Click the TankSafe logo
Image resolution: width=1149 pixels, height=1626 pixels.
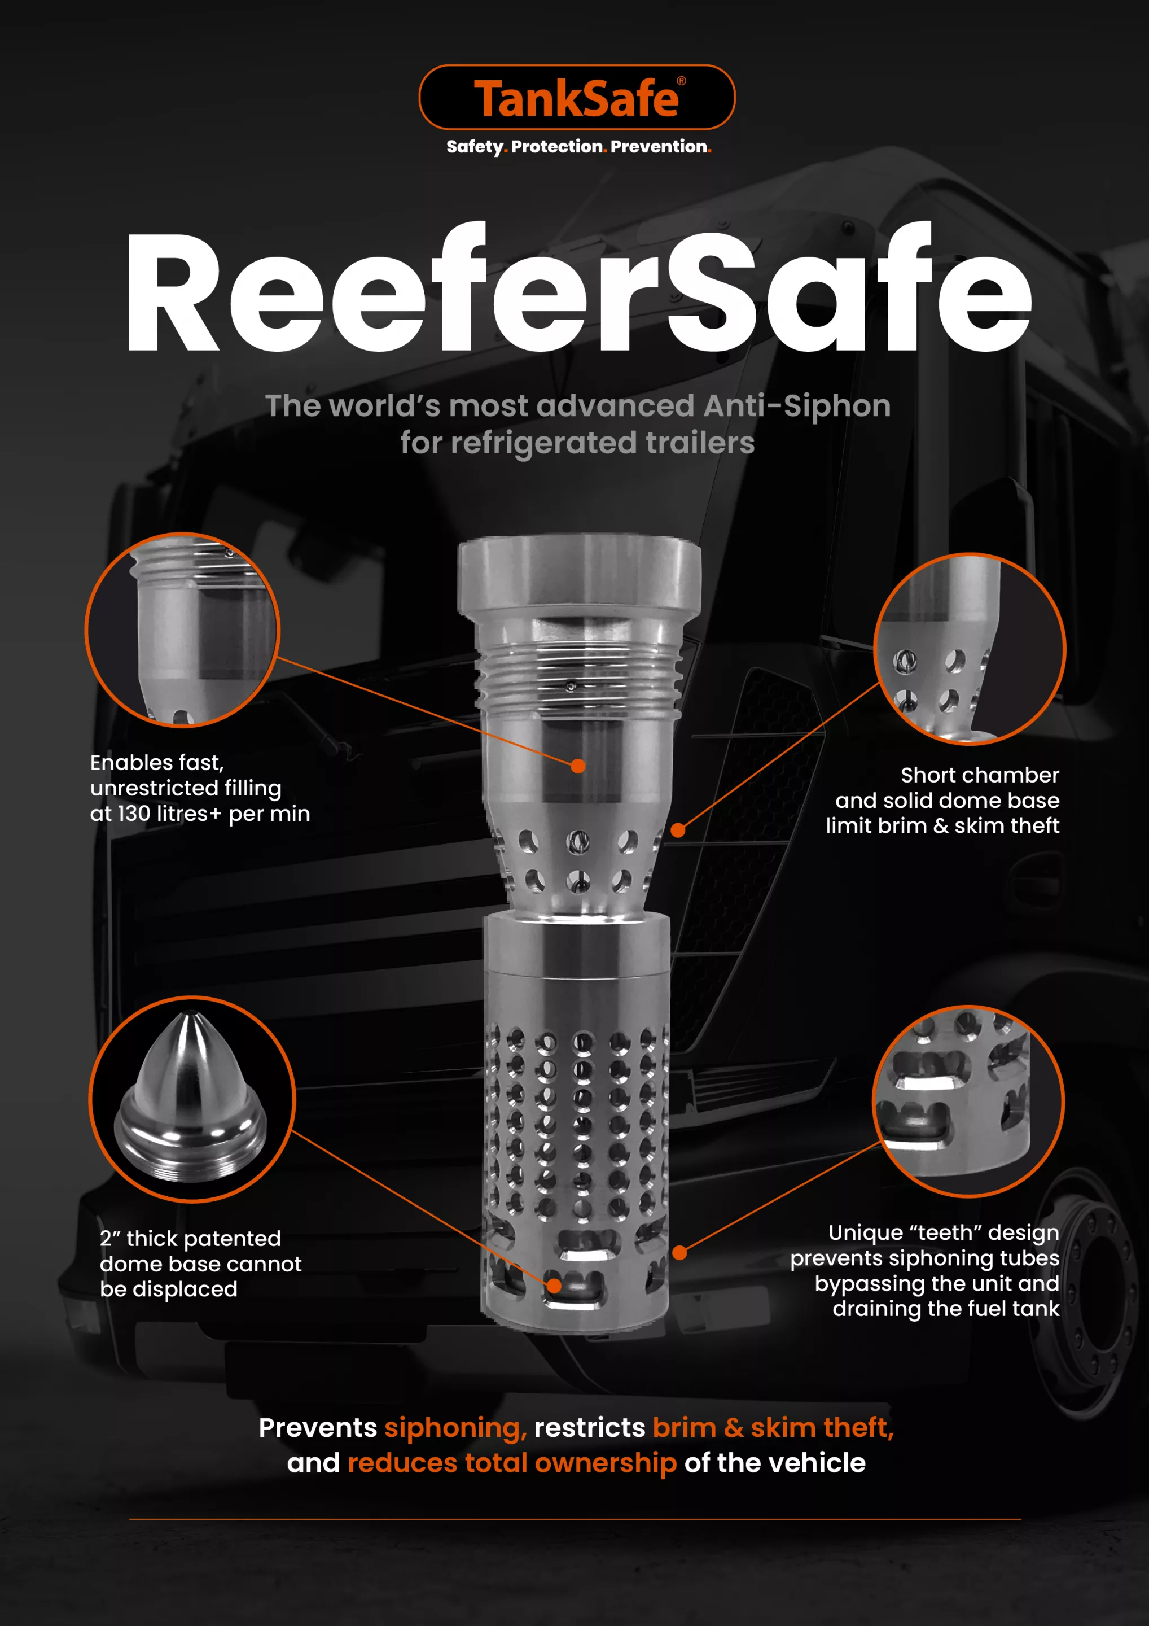coord(577,98)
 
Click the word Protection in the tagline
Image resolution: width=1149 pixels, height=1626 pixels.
coord(556,147)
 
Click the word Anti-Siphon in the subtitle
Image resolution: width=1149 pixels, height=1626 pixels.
coord(797,406)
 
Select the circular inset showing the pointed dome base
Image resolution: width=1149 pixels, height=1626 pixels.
coord(192,1099)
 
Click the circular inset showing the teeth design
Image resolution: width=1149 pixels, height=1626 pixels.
coord(968,1102)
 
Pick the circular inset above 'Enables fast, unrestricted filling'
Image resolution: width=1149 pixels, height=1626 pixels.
coord(183,630)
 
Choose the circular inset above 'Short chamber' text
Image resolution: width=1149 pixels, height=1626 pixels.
coord(970,649)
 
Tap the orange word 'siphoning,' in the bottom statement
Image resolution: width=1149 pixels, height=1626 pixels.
coord(455,1428)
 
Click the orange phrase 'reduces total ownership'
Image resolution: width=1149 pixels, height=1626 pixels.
coord(512,1463)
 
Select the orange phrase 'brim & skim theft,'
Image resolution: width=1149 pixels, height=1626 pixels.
coord(773,1428)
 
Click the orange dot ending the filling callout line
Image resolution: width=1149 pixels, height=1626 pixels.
coord(578,766)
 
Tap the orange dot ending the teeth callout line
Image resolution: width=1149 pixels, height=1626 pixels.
coord(679,1253)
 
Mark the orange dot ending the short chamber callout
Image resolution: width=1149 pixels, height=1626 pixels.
coord(678,830)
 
